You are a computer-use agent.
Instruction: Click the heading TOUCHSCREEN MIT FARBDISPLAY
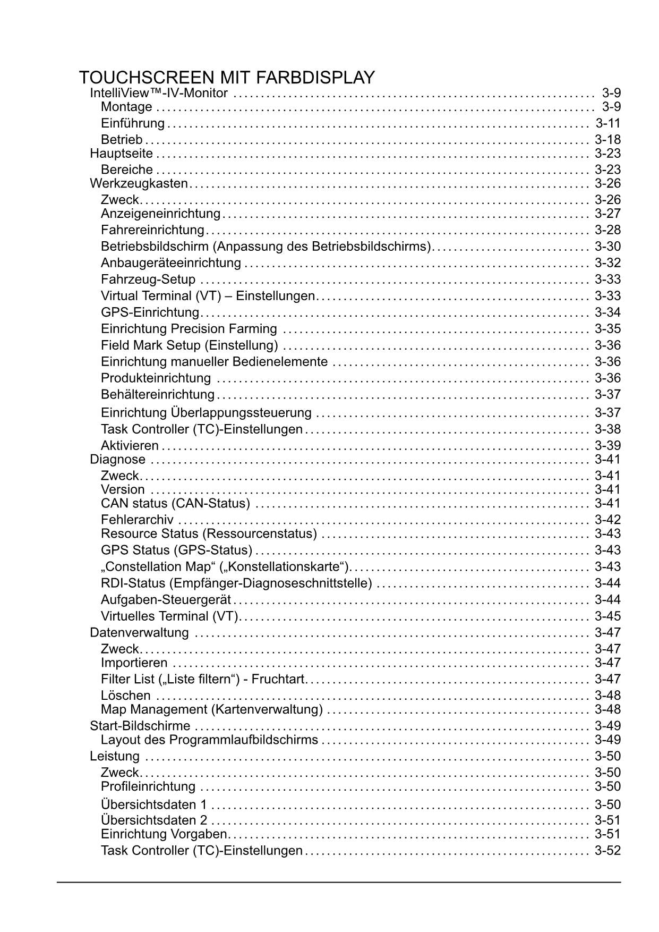(227, 78)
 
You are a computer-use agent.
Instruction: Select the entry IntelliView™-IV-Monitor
(159, 94)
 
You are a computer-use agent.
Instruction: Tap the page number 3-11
(607, 123)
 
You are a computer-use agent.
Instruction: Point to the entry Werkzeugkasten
(139, 183)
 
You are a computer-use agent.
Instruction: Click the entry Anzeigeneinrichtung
(160, 214)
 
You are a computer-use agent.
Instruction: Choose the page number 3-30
(607, 247)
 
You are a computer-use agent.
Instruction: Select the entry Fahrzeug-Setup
(148, 279)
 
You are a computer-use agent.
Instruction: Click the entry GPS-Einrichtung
(150, 312)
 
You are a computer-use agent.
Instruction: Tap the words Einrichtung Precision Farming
(189, 329)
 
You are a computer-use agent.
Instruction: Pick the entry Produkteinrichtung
(156, 378)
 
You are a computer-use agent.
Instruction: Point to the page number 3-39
(607, 445)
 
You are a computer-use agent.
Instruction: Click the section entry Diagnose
(117, 459)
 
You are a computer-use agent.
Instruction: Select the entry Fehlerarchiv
(137, 520)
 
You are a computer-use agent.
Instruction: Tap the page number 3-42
(607, 520)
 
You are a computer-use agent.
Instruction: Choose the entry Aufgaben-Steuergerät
(166, 600)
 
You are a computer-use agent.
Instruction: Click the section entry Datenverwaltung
(139, 633)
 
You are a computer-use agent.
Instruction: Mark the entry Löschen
(126, 696)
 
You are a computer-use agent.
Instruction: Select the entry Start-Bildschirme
(140, 726)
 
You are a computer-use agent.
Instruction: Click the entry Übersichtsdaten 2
(154, 820)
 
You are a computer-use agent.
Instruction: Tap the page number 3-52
(607, 851)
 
